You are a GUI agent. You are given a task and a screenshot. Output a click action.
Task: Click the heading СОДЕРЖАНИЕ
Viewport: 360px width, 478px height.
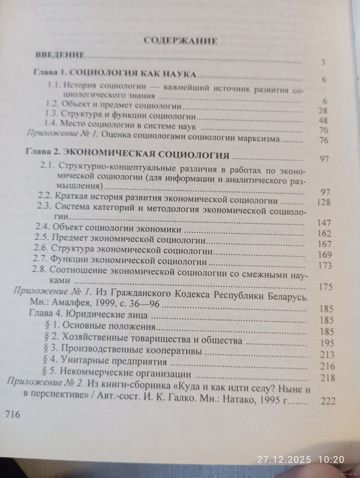click(x=180, y=41)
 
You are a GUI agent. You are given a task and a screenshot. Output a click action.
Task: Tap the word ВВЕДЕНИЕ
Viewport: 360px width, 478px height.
click(x=60, y=55)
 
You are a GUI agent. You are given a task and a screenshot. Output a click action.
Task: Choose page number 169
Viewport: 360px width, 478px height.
click(x=322, y=255)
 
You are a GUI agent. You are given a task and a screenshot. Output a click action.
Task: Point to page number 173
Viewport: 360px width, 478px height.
click(x=323, y=266)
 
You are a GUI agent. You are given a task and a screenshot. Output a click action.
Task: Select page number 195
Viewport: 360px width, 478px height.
click(x=326, y=343)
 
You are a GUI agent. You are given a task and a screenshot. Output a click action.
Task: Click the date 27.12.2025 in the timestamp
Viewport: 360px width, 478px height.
click(x=282, y=459)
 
